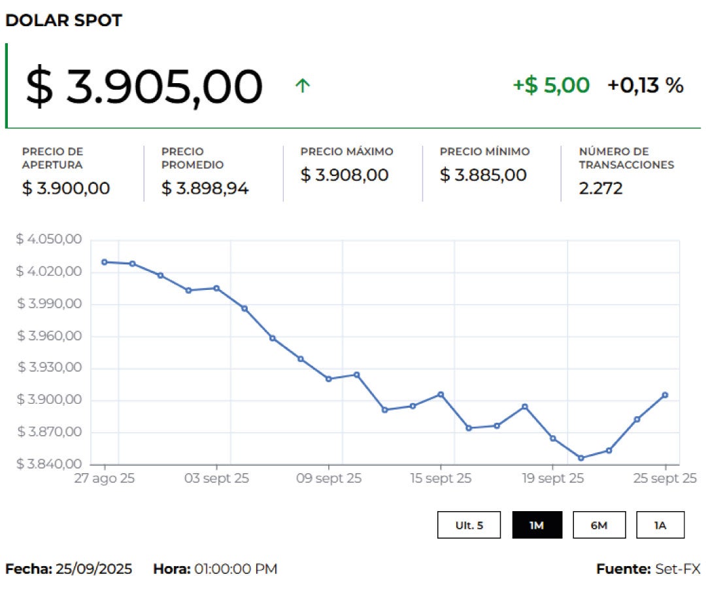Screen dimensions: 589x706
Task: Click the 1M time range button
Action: [x=537, y=525]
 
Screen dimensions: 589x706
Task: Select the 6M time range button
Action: [x=599, y=525]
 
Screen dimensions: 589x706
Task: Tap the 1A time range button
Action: [x=660, y=525]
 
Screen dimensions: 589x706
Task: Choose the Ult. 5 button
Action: [x=469, y=525]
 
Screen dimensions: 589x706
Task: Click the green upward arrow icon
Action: [x=302, y=86]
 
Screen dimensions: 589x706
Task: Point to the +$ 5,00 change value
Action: [x=551, y=85]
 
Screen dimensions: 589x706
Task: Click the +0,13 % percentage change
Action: [x=645, y=85]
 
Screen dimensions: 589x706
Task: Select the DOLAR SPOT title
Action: [x=63, y=20]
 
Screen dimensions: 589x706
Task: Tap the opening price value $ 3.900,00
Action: [x=66, y=188]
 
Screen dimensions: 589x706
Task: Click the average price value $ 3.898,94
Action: [x=205, y=188]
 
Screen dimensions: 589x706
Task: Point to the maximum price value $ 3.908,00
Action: [x=345, y=175]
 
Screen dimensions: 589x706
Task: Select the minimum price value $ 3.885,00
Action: [x=483, y=175]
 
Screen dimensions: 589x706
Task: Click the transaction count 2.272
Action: [x=601, y=188]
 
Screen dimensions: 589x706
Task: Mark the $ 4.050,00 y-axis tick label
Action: [x=48, y=240]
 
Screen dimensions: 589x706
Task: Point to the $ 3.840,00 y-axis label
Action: [x=48, y=465]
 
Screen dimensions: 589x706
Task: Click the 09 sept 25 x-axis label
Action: [x=328, y=478]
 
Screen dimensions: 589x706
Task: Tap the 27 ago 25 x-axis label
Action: [x=105, y=478]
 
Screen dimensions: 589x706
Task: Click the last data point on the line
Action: [x=665, y=395]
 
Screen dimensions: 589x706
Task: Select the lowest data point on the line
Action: [x=580, y=458]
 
